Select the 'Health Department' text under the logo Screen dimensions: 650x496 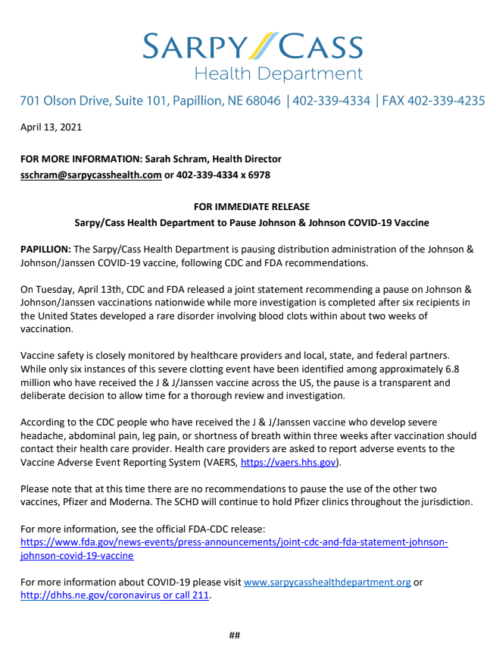pyautogui.click(x=279, y=74)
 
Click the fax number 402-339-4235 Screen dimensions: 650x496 pyautogui.click(x=446, y=101)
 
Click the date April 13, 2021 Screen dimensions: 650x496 pyautogui.click(x=51, y=127)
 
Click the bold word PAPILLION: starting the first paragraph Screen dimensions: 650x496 pyautogui.click(x=45, y=250)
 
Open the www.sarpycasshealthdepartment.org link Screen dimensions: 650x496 pyautogui.click(x=327, y=582)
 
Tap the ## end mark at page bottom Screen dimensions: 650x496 pyautogui.click(x=235, y=635)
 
